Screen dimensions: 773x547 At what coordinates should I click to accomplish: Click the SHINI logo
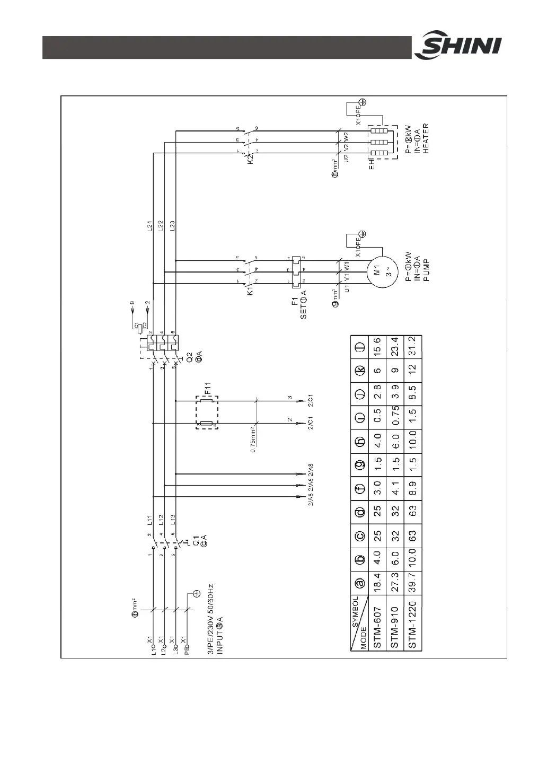[x=458, y=47]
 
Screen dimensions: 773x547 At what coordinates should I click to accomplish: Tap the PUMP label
[x=425, y=272]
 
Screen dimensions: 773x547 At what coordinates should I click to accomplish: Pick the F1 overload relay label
[x=295, y=305]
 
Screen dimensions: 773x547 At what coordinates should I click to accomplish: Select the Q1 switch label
[x=195, y=542]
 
